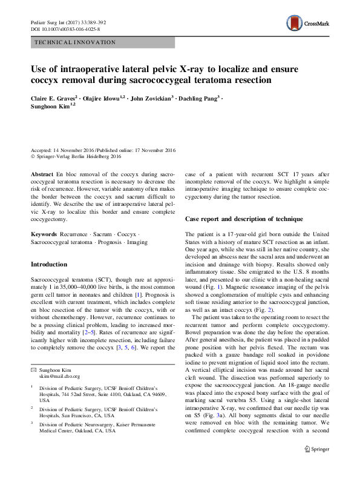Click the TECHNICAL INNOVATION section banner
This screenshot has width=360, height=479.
pos(76,43)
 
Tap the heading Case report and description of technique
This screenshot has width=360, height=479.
pos(243,218)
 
